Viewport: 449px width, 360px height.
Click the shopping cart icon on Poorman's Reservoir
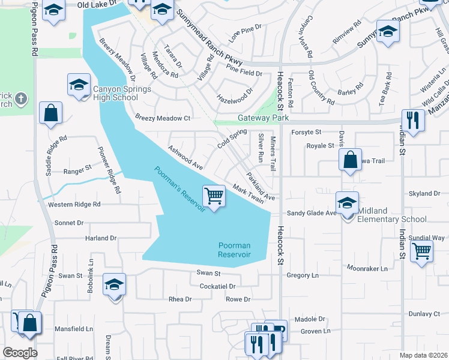pyautogui.click(x=214, y=196)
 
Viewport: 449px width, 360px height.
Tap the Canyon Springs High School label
pyautogui.click(x=115, y=94)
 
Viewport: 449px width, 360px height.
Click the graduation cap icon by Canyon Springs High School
pyautogui.click(x=79, y=85)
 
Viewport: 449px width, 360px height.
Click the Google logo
pyautogui.click(x=20, y=353)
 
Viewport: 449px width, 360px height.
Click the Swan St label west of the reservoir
pyautogui.click(x=70, y=276)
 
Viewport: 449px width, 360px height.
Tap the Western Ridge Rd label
pyautogui.click(x=74, y=205)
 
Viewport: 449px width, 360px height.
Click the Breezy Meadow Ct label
pyautogui.click(x=162, y=118)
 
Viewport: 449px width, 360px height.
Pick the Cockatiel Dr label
pyautogui.click(x=221, y=286)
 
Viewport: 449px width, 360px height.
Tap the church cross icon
pyautogui.click(x=20, y=98)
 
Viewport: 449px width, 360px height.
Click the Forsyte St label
pyautogui.click(x=307, y=132)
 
